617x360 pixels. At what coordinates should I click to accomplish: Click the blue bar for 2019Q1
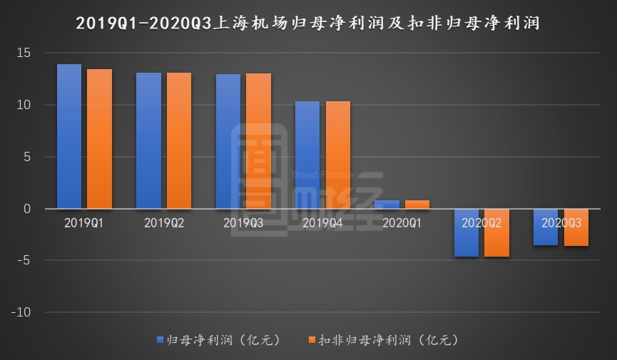click(69, 136)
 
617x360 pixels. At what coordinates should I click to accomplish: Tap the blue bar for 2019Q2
click(148, 140)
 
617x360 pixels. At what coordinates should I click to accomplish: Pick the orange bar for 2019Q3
click(258, 141)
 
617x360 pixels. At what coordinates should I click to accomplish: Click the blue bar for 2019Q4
click(307, 155)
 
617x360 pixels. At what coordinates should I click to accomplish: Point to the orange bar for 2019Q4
click(338, 155)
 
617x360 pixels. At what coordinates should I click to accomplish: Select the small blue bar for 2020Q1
click(387, 205)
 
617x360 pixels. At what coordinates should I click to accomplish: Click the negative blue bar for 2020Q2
click(466, 232)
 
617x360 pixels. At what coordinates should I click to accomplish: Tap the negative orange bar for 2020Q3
click(576, 227)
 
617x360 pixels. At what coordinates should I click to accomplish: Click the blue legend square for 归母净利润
click(160, 339)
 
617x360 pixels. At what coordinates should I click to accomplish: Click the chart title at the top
click(308, 23)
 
